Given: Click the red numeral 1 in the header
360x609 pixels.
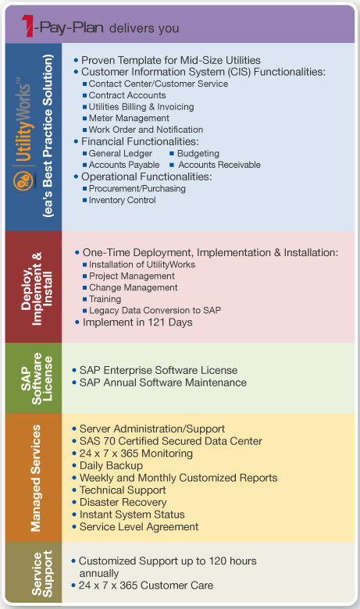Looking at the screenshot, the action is pos(28,26).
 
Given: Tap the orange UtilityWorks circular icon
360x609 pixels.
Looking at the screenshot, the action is pos(23,181).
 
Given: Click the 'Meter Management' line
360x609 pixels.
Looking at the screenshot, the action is pos(129,118).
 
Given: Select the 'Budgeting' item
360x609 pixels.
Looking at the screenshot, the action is pos(198,153).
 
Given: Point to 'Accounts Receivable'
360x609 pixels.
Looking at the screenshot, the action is pos(219,165).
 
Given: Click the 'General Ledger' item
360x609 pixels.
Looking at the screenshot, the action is pos(120,153).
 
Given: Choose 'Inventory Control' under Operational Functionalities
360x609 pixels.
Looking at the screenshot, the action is pos(123,200).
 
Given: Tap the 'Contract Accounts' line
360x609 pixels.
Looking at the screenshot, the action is pos(127,95).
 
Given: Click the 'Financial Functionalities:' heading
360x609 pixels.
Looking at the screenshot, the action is pos(140,141).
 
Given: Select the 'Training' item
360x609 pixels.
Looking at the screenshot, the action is pos(105,299).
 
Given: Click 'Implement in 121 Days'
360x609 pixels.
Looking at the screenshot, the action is pos(137,322).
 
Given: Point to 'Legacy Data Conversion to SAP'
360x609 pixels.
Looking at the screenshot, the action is pos(155,310).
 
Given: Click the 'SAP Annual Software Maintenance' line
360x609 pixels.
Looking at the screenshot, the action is pos(163,383).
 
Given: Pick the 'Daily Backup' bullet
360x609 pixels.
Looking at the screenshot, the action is pos(111,465).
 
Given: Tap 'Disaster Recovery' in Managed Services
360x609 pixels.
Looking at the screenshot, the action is pos(123,502).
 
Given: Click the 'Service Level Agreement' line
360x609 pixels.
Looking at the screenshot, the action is pos(139,527).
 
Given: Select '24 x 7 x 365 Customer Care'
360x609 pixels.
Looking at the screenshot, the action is pos(146,586).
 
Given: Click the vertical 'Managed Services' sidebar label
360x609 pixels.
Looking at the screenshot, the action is pos(36,478).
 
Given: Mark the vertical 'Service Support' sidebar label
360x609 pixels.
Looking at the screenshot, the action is pos(41,574).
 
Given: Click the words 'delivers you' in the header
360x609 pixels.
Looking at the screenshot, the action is pos(144,28).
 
